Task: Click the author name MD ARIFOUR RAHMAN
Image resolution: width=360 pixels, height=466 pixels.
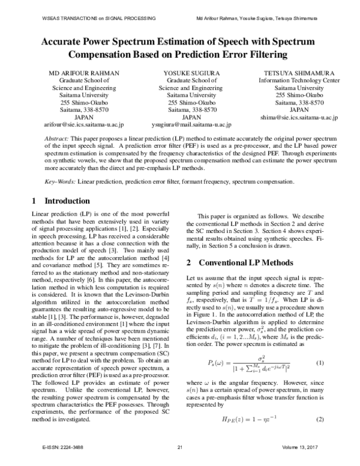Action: [x=84, y=73]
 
